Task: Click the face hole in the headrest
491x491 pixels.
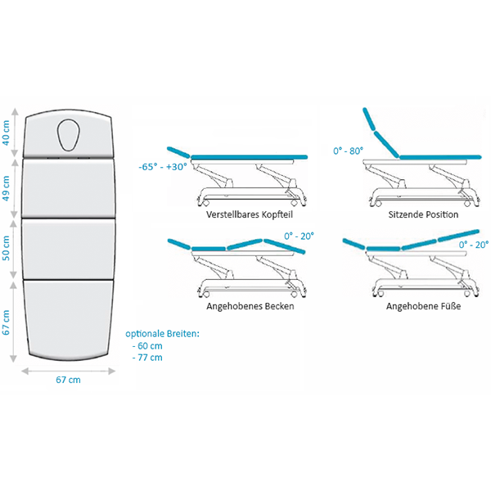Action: click(68, 135)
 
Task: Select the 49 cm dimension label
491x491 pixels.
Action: click(7, 187)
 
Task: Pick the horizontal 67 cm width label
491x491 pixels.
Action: click(68, 380)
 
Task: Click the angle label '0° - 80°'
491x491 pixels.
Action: click(349, 151)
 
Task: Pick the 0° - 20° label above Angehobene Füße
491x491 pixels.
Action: click(473, 244)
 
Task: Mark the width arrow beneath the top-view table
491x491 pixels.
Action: click(68, 369)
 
